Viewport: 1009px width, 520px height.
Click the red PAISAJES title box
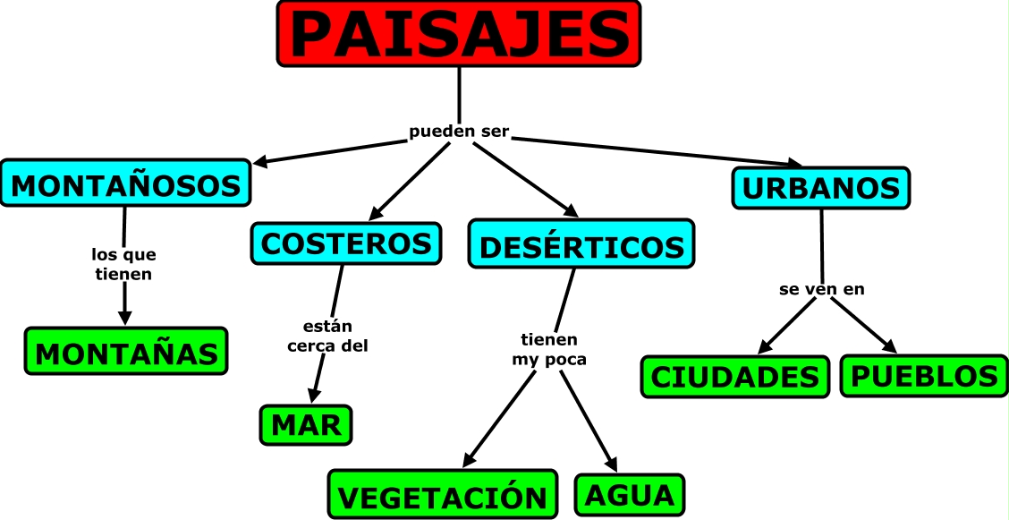459,33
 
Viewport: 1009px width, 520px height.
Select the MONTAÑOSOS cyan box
125,183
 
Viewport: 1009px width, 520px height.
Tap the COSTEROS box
346,243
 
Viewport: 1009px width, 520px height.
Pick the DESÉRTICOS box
581,244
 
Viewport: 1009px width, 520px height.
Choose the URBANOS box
820,188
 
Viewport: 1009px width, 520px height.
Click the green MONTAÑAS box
126,351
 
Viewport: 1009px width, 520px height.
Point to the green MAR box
306,425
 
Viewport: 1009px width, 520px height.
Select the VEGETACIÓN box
442,495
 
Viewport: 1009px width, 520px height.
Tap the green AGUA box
630,494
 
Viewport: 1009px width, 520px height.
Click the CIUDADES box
734,377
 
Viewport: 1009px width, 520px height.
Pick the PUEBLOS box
924,376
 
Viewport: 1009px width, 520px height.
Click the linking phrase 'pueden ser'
459,132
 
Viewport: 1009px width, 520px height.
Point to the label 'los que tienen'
123,265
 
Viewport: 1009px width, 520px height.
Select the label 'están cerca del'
327,336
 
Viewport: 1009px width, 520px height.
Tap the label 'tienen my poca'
549,350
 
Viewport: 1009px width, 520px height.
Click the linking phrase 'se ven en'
820,290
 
